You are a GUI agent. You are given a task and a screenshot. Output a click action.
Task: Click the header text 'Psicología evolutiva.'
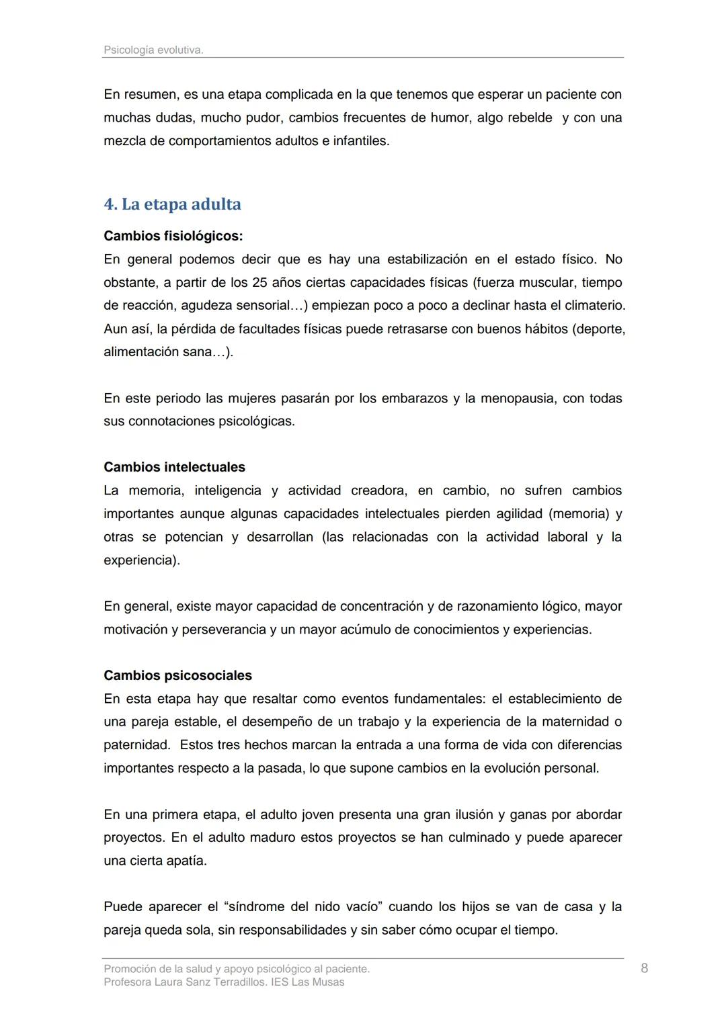(153, 50)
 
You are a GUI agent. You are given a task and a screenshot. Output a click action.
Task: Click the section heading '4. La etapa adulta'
(172, 204)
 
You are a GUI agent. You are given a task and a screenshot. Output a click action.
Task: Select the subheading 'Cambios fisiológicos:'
(173, 236)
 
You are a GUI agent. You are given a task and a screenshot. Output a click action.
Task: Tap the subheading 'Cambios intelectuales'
(174, 467)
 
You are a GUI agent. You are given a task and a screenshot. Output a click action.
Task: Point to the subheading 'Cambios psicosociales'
(177, 675)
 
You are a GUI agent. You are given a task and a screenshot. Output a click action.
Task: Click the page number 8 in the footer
(644, 968)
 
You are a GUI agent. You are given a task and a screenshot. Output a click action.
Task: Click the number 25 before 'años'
(259, 282)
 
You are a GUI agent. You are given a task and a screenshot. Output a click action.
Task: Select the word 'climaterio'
(594, 306)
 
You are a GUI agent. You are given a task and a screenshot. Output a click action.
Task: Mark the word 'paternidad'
(136, 745)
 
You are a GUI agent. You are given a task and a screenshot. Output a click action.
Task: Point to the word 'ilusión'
(467, 814)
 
